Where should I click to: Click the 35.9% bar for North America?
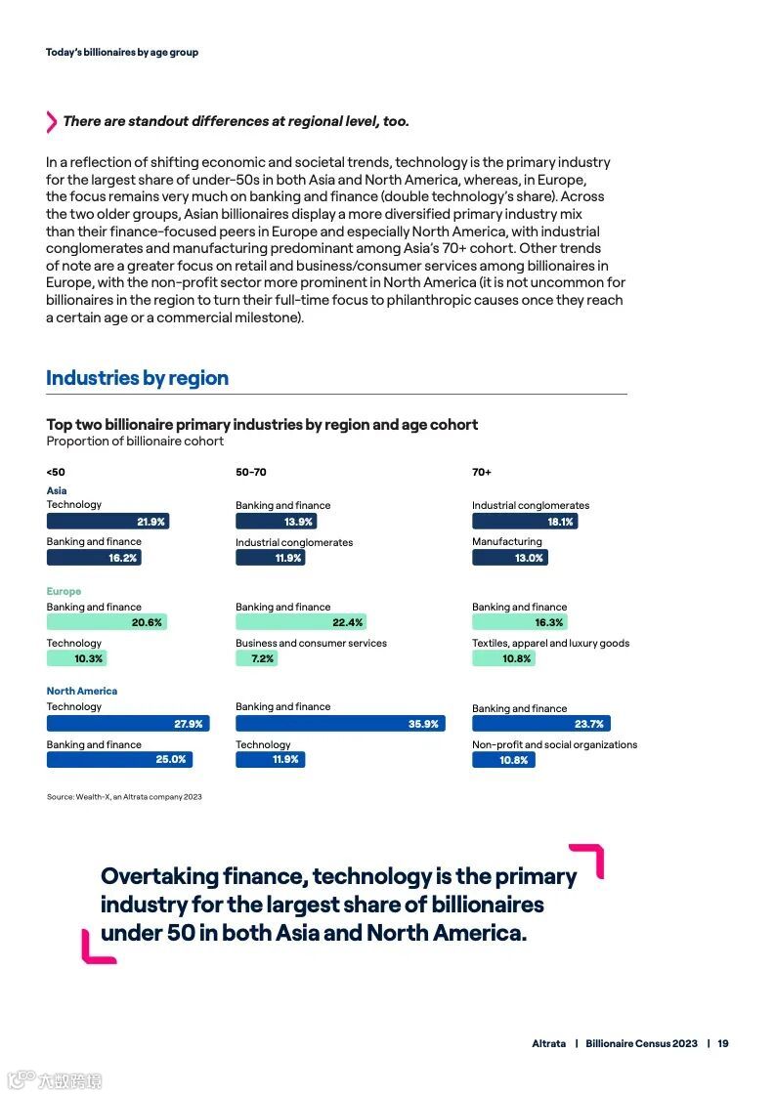[340, 724]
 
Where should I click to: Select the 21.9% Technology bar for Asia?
[108, 522]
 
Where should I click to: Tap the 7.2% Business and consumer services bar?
[257, 658]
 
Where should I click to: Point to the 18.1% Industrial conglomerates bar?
[525, 522]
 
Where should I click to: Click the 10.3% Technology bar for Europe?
[76, 658]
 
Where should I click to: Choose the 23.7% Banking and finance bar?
[540, 724]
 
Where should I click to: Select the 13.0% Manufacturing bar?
[509, 558]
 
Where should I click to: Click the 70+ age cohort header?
[482, 472]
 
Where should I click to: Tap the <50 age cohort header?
[56, 472]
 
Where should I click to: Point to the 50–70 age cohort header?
[250, 472]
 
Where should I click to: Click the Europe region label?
[64, 591]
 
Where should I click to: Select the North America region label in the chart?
[81, 691]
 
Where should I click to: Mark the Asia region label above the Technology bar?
[57, 490]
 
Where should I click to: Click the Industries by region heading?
[137, 378]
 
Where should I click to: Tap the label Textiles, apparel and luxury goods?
[550, 643]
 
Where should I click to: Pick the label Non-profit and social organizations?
[554, 744]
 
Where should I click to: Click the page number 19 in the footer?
[723, 1043]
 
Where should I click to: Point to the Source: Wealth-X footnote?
[124, 797]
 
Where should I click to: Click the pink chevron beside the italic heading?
[52, 122]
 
